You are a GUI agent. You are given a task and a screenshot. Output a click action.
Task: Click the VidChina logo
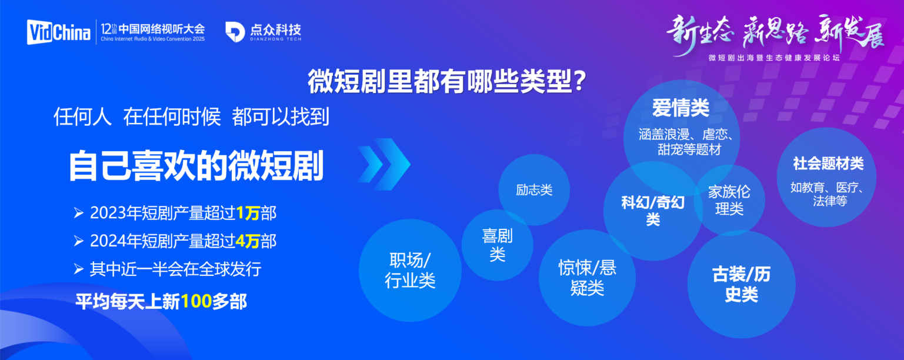coord(58,32)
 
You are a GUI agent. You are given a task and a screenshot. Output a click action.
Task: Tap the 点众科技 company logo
coord(263,32)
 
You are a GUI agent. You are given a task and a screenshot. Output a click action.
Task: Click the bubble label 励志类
coord(534,190)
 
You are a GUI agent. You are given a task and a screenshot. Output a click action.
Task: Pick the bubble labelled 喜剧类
coord(497,245)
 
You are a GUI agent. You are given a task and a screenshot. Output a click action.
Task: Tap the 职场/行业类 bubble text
coord(410,271)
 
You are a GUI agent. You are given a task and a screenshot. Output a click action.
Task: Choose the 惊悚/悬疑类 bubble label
coord(587,278)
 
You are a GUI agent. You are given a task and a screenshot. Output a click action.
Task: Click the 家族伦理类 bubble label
coord(729,200)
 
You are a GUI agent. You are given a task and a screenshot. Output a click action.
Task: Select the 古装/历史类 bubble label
coord(741,284)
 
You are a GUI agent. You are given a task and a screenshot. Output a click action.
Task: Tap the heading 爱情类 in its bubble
coord(680,108)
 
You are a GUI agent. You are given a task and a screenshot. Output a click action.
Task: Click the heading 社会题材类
coord(828,164)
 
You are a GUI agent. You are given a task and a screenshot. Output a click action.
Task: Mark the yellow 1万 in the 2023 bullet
coord(248,213)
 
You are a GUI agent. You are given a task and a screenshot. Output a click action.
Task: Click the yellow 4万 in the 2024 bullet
coord(248,241)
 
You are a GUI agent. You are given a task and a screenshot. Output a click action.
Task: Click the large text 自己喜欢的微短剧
coord(196,166)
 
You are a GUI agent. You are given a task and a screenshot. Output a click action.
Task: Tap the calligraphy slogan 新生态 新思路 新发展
coord(775,31)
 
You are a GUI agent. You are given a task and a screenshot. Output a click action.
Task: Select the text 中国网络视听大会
coord(161,28)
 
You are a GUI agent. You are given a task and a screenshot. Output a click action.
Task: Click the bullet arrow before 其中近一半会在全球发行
coord(78,269)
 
